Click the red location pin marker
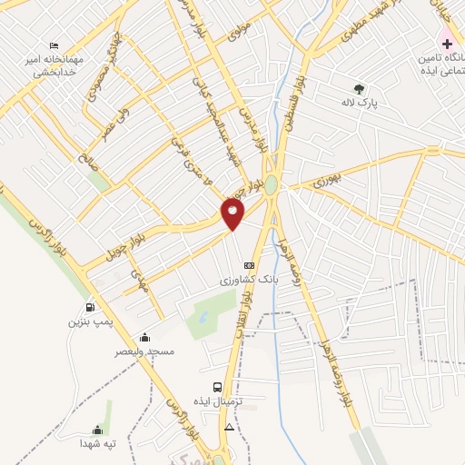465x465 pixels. tap(232, 213)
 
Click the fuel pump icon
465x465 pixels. tap(89, 307)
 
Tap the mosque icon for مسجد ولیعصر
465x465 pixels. tap(144, 337)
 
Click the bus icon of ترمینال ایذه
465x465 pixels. tap(216, 386)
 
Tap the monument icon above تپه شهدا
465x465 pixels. tap(97, 430)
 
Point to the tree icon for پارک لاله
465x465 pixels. tap(360, 88)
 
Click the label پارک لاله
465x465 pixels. tap(360, 104)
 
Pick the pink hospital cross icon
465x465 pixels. tap(447, 44)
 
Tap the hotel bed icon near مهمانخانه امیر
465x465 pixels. tap(55, 45)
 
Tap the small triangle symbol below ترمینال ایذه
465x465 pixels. tap(229, 426)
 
